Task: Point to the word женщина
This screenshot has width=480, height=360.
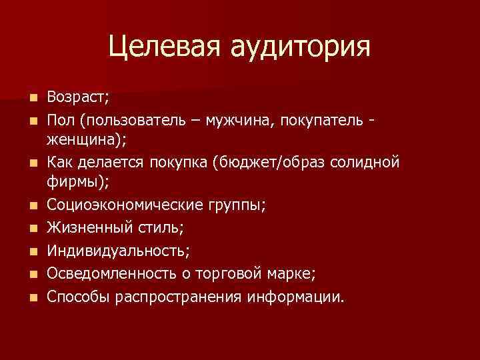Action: [81, 141]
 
